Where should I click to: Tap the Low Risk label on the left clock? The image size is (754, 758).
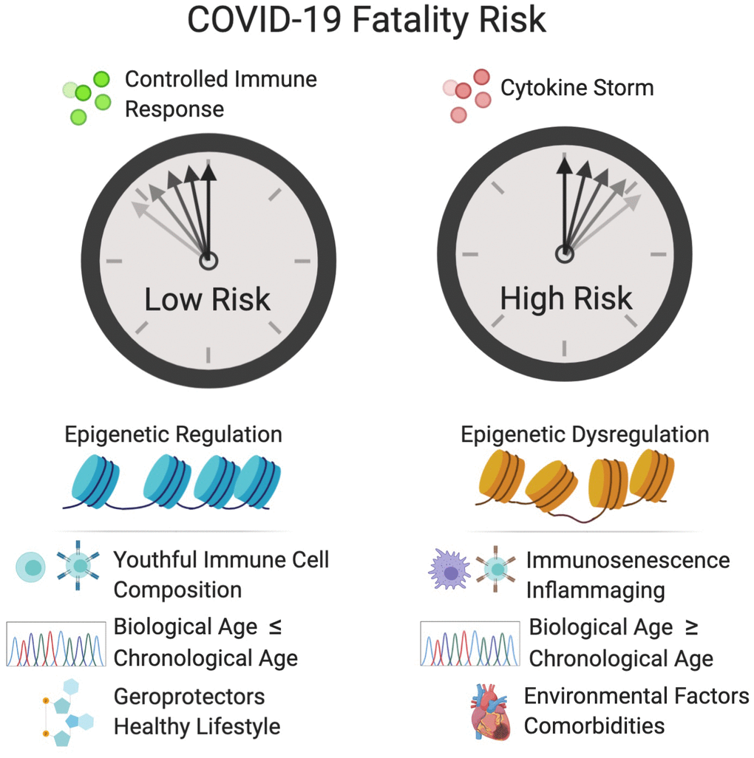[208, 300]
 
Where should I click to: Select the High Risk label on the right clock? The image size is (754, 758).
[566, 298]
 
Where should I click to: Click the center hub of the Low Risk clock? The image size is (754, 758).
[208, 260]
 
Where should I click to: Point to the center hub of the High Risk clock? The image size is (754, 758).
[565, 254]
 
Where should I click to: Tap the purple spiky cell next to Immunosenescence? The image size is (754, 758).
[449, 570]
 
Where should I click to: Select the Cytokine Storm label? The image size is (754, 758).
[577, 88]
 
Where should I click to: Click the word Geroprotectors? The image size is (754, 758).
[189, 696]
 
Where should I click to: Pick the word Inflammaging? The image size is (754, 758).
[595, 590]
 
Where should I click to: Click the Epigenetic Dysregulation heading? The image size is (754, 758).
[584, 434]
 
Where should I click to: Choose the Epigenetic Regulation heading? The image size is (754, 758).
[173, 434]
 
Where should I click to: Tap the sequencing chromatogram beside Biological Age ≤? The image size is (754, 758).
[56, 644]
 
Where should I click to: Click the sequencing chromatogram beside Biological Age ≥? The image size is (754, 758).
[470, 644]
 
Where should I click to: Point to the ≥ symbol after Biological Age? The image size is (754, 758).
[693, 628]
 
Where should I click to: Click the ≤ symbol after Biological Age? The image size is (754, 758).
[275, 628]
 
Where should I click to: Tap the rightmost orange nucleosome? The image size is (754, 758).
[652, 475]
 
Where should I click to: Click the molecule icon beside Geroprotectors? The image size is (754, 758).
[67, 711]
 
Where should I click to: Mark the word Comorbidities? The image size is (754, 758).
[594, 726]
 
